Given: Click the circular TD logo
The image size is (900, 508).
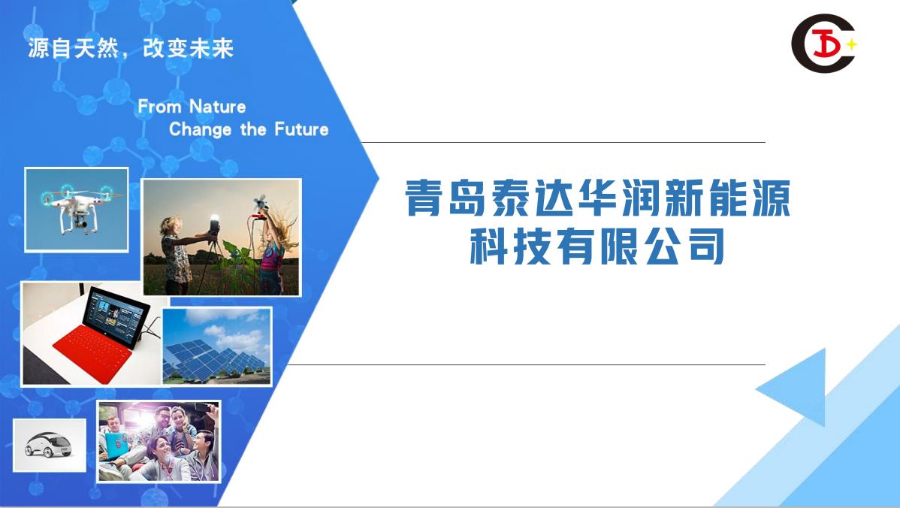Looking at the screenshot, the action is coord(823,44).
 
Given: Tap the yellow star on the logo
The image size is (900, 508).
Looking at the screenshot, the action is coord(851,44).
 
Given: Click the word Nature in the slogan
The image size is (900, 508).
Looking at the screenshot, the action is coord(218,107).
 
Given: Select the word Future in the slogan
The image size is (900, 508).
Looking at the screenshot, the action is coord(301,129).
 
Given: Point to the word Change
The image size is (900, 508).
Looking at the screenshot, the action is coord(201,130).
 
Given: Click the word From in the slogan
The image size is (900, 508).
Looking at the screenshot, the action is coord(159,107).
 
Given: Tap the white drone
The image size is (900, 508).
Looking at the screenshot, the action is coord(77,207).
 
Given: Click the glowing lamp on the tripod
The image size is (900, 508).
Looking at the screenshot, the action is coord(214,222).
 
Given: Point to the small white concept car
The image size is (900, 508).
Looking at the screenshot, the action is coord(48,445).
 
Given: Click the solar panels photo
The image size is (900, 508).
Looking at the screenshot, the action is coord(217,346).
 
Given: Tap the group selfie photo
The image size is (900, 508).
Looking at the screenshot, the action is coord(159,441).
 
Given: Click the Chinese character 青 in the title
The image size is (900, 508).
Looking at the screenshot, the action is coord(424,198).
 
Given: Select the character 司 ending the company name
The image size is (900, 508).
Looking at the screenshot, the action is coord(706,246).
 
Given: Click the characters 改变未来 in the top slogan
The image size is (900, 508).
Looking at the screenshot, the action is coord(189,48).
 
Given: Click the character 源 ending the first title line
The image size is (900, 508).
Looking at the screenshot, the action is coord(772,198).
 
